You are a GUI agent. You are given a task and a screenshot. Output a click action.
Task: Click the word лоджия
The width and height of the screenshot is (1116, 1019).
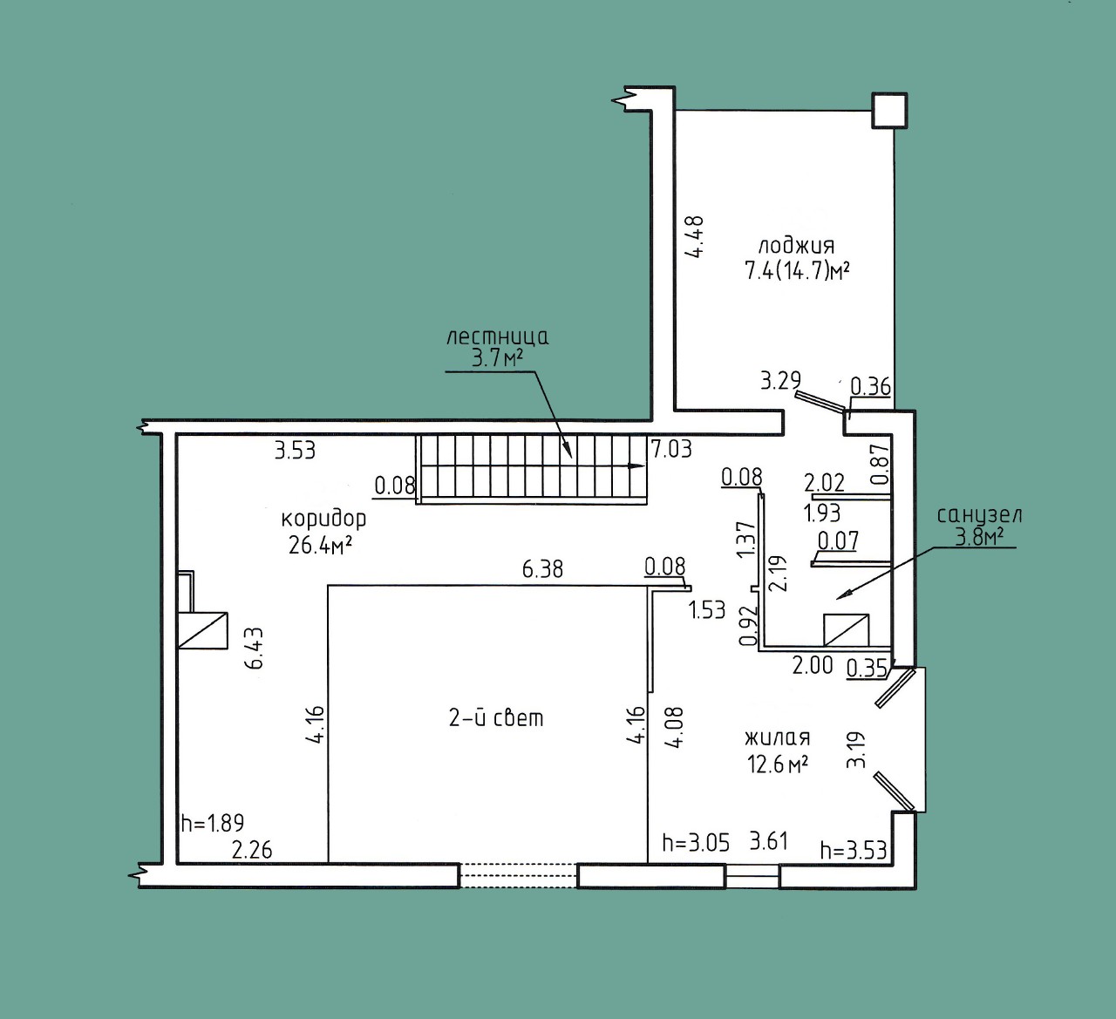(797, 246)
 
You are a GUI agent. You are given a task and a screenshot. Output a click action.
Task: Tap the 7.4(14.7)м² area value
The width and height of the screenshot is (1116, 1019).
(797, 271)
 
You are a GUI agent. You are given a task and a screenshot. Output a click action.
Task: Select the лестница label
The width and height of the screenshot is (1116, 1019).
(498, 337)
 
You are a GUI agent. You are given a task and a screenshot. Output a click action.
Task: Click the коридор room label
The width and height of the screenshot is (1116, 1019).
(323, 520)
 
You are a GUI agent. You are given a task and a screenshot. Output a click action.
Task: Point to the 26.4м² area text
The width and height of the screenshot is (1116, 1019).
(321, 545)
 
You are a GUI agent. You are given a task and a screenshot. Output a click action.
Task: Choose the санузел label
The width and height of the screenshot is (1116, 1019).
(980, 516)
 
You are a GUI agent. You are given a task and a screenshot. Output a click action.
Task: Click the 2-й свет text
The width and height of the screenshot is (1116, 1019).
(496, 718)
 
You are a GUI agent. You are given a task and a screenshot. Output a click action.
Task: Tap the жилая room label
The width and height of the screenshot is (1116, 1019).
(777, 738)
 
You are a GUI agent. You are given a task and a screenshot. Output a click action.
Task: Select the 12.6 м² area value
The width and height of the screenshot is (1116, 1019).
(778, 764)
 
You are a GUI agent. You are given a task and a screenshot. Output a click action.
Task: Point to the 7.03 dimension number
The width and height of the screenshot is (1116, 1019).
(671, 449)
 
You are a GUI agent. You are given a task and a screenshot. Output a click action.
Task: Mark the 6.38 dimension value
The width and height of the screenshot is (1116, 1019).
(542, 569)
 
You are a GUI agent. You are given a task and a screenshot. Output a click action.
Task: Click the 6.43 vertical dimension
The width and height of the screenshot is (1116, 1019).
(255, 648)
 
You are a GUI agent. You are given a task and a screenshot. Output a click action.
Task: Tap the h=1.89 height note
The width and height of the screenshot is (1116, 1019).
(213, 823)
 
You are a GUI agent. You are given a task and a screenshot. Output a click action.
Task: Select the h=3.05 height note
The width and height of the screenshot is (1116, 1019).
(696, 843)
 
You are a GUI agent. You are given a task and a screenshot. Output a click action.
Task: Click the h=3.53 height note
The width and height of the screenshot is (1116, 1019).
(854, 850)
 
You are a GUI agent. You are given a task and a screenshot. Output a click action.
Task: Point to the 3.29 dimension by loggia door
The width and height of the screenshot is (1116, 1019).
(780, 381)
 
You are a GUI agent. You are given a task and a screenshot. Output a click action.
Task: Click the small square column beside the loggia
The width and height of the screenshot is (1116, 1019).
(889, 111)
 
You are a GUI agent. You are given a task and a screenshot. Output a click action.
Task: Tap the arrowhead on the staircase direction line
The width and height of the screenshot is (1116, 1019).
(637, 466)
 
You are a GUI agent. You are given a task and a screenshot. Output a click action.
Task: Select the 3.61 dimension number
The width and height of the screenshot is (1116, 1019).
(769, 841)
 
